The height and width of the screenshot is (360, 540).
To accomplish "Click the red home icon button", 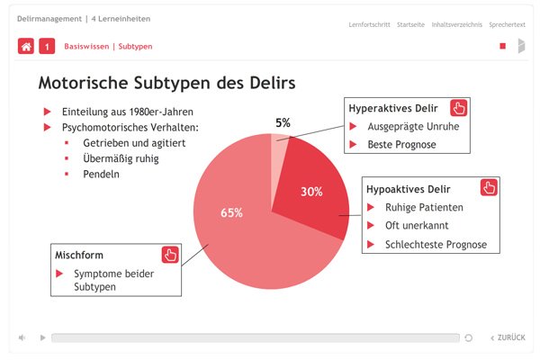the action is coord(26,46).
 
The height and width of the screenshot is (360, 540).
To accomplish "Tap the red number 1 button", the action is coord(47,46).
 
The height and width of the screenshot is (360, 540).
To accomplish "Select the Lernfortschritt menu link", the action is coord(369,25).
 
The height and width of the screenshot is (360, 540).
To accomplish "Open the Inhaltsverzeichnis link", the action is coord(456,25).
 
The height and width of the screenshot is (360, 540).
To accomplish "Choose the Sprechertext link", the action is coord(507,25).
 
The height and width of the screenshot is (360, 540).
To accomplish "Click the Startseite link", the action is coord(410,25).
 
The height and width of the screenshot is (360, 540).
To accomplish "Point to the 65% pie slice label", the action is coord(231,212).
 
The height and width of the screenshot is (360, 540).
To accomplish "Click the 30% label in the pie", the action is coord(311,192).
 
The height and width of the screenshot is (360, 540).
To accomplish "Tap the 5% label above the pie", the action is coord(283,122).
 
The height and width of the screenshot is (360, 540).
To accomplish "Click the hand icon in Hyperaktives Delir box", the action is coord(459,108).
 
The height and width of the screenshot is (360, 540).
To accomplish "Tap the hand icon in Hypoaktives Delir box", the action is coord(489,187).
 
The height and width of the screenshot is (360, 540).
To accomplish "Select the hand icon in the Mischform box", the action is coord(170,255).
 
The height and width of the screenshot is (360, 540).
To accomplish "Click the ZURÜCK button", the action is coord(508,337).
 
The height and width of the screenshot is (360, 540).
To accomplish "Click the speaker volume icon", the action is coord(22,337).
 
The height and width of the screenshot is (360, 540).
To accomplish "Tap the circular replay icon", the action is coord(468,338).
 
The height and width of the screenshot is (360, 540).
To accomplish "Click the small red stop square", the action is coord(503,46).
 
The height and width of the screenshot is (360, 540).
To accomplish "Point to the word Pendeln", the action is coord(101,175).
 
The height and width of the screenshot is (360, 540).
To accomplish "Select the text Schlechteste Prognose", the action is coord(436,245).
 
